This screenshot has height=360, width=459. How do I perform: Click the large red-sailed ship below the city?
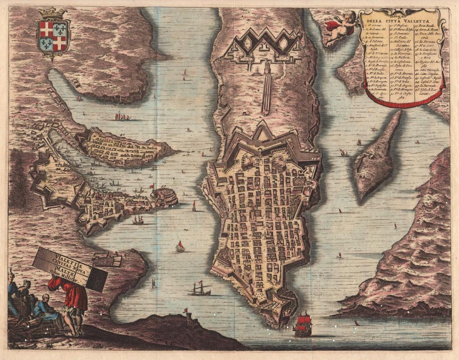point(303,325)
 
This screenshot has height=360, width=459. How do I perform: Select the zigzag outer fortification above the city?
point(263,44)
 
